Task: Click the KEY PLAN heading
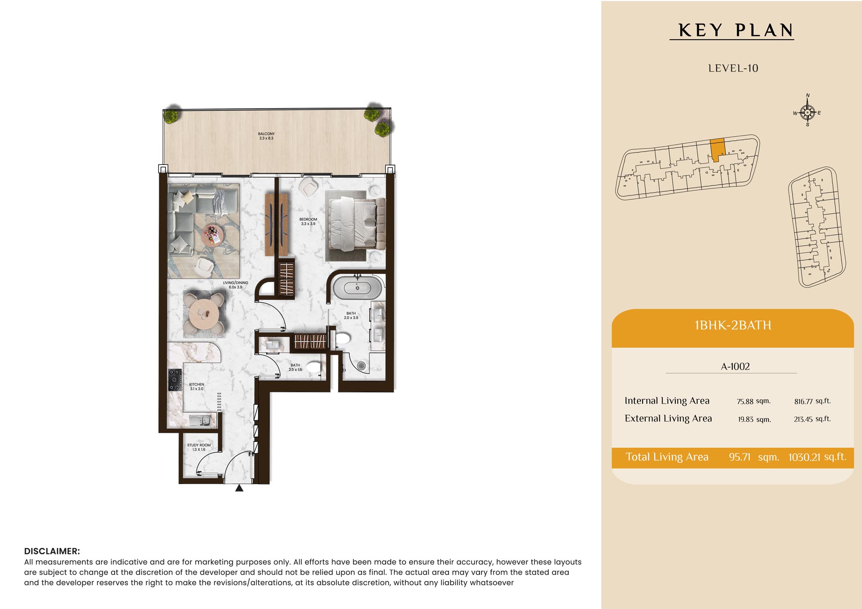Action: [736, 30]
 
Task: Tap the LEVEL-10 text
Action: [733, 68]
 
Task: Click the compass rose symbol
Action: [807, 112]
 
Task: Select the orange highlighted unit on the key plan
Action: [717, 150]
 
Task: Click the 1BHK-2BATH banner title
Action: [733, 325]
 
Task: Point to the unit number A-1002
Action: [735, 367]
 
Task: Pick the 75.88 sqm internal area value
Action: [754, 401]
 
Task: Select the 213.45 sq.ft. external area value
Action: [812, 419]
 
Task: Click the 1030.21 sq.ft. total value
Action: [817, 457]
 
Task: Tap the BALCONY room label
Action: [266, 136]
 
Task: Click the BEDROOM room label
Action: [308, 221]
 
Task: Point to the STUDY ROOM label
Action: [199, 447]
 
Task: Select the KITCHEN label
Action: [197, 386]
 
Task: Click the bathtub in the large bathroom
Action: [358, 288]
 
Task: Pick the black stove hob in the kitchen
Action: [175, 380]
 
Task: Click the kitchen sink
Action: [200, 420]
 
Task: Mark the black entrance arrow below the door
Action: [239, 488]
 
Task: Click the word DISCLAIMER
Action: [52, 551]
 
